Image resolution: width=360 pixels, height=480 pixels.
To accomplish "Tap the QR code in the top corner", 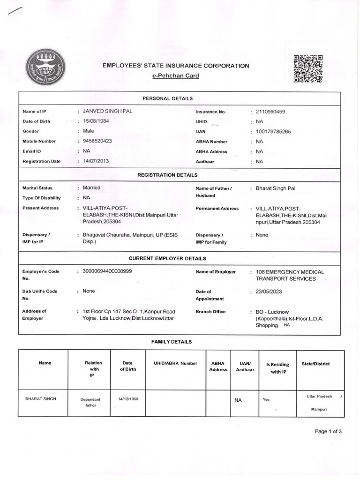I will pos(308,68).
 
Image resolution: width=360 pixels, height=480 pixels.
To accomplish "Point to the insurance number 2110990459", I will pos(274,112).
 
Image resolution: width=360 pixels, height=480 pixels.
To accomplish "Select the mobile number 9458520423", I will pos(97,141).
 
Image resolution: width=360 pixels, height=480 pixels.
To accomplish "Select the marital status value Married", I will pos(92,187).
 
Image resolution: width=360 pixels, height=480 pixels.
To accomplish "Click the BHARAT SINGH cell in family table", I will pos(40,399).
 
